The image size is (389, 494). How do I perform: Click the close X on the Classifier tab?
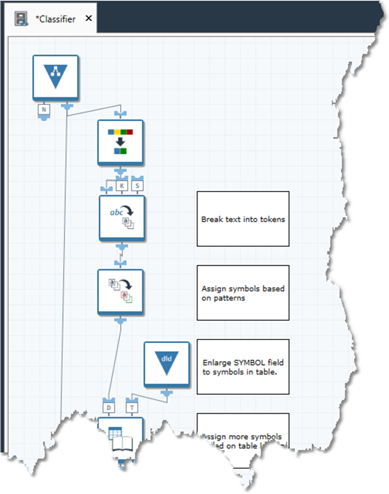click(x=88, y=18)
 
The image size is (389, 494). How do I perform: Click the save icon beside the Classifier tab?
click(x=21, y=19)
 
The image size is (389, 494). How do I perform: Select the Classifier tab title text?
click(x=55, y=19)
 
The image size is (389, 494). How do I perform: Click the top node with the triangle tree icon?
click(x=55, y=76)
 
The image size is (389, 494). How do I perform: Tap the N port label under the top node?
click(x=43, y=109)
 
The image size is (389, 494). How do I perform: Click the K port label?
click(x=121, y=185)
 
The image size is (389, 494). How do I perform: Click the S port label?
click(x=137, y=185)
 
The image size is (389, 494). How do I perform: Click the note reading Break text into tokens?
click(x=243, y=219)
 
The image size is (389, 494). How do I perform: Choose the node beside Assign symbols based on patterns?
click(x=120, y=291)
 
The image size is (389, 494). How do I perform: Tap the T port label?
click(x=132, y=408)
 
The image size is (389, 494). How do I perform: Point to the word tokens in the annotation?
click(x=273, y=219)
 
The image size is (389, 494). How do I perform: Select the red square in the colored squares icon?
click(x=130, y=132)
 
